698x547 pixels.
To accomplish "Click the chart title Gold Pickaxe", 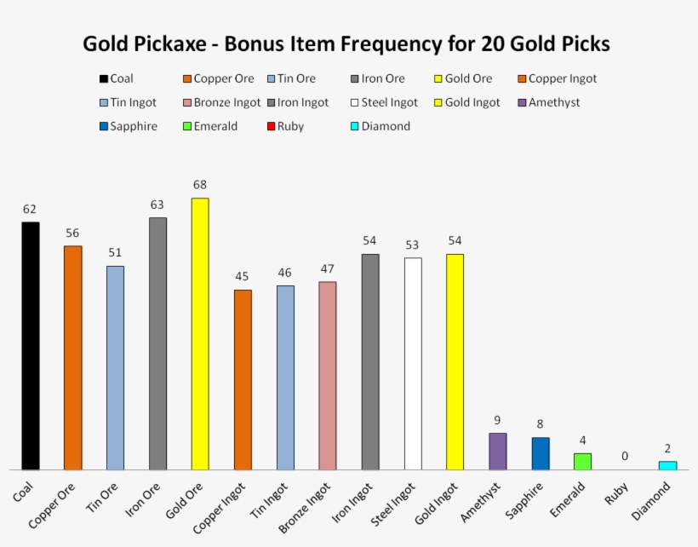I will pos(346,43).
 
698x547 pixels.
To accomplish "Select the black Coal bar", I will pos(31,345).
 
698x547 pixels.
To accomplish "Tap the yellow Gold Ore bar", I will pos(200,333).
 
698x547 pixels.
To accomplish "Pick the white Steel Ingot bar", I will pos(413,363).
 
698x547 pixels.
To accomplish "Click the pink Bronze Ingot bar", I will pos(328,375).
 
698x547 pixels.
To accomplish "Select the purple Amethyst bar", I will pos(498,451).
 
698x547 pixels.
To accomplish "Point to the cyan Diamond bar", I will pos(667,465).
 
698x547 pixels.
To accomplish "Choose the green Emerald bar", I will pos(582,461).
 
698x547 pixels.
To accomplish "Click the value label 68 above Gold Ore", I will pos(200,184).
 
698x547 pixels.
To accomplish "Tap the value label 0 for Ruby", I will pos(625,456).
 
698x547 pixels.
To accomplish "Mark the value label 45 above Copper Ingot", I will pos(243,276).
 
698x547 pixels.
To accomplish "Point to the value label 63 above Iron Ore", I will pos(157,204).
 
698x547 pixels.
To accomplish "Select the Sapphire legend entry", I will pos(128,126).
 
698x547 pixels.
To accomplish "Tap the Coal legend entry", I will pos(116,78).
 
